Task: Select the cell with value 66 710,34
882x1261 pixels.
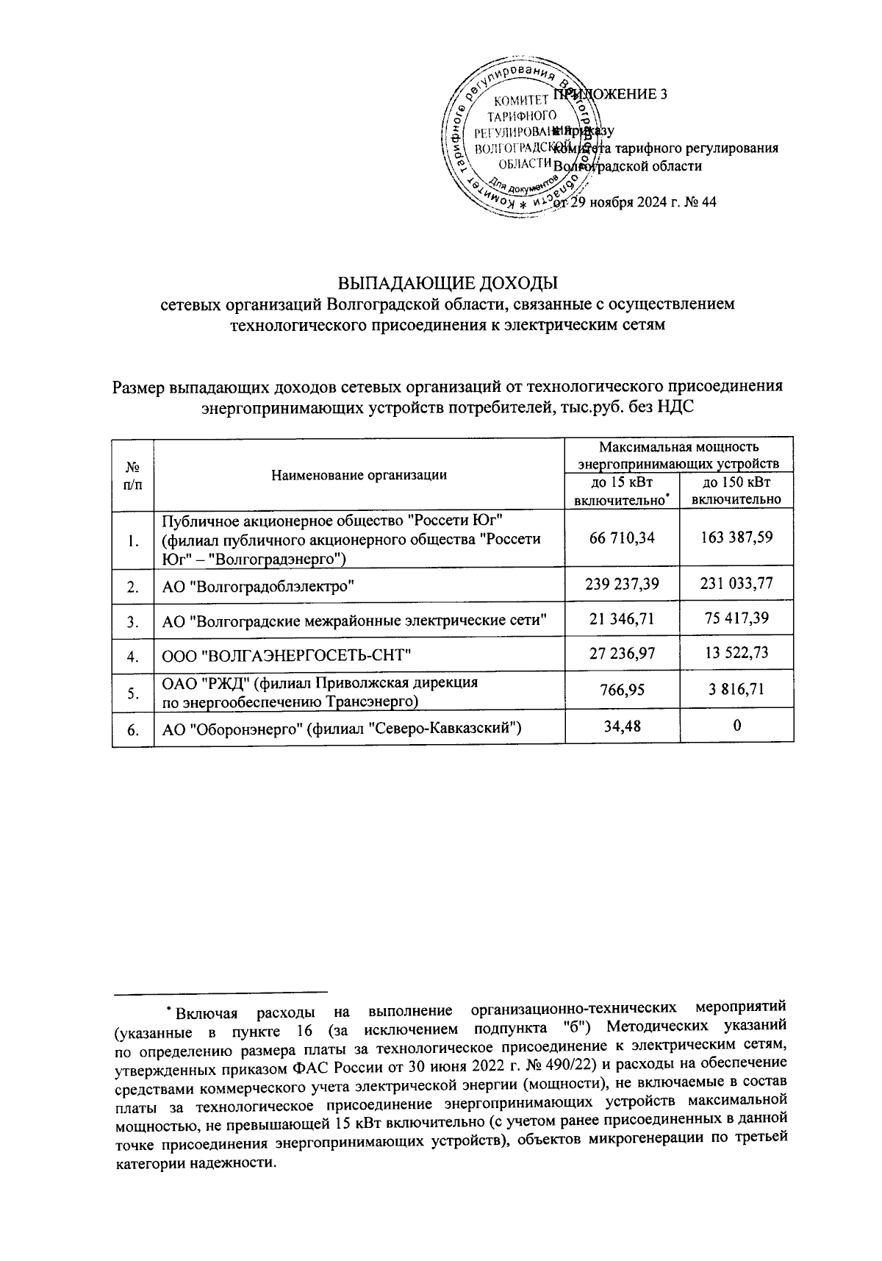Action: click(x=622, y=538)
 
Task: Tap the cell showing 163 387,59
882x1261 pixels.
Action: click(x=736, y=538)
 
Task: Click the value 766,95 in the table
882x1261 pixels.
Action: click(x=622, y=690)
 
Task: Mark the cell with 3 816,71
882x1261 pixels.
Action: click(x=736, y=690)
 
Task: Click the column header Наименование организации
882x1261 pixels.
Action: click(x=359, y=474)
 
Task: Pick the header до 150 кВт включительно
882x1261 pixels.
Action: click(x=736, y=490)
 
